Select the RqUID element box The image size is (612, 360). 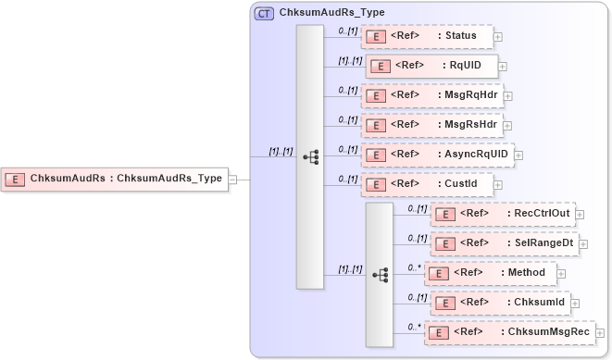click(432, 66)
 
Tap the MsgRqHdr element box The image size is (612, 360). click(431, 95)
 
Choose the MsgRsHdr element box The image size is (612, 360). click(431, 125)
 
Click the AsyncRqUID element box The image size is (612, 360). click(437, 155)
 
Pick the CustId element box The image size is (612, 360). click(427, 184)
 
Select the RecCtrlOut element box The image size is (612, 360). click(504, 214)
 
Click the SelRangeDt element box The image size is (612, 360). click(504, 243)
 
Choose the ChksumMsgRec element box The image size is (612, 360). click(508, 332)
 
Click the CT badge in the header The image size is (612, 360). click(264, 13)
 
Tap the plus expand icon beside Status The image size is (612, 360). click(498, 37)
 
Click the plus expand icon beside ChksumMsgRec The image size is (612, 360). click(600, 333)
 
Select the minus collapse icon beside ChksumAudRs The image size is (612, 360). click(233, 180)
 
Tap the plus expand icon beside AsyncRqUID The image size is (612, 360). click(519, 155)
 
